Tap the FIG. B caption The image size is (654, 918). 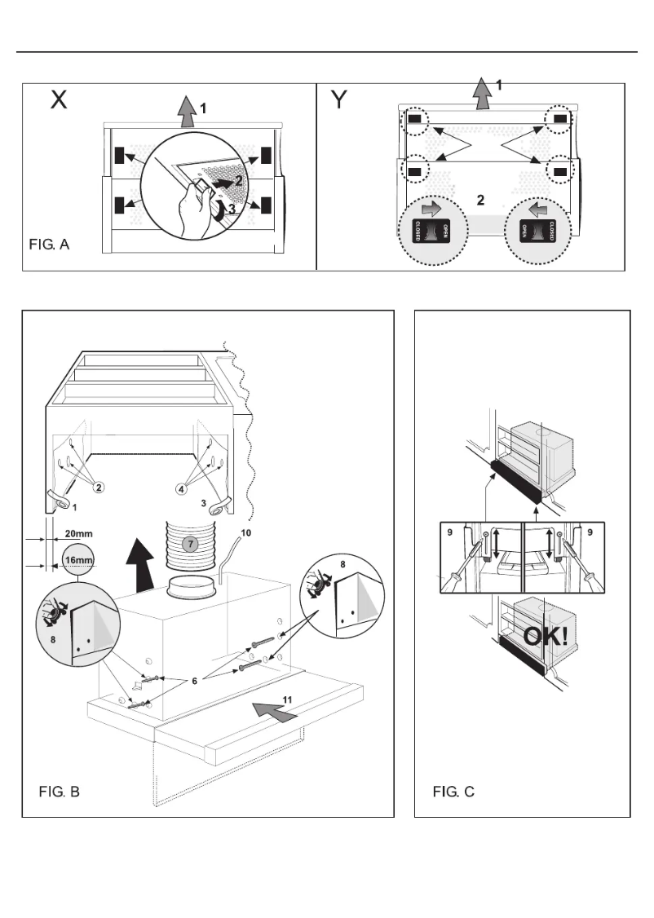click(x=60, y=791)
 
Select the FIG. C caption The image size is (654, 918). click(x=453, y=791)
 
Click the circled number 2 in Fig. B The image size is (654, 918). click(x=98, y=488)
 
